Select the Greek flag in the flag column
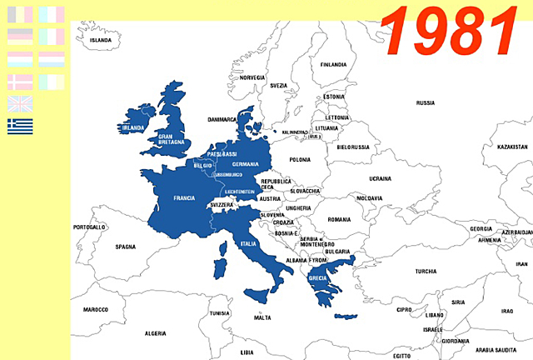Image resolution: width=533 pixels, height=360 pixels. click(20, 126)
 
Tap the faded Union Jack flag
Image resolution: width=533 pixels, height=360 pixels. click(20, 103)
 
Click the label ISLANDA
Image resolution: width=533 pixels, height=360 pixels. click(101, 40)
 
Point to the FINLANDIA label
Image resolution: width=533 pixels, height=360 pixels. click(333, 64)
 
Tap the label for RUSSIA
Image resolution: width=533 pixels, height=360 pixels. click(426, 103)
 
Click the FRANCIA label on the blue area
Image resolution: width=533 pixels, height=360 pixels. click(184, 198)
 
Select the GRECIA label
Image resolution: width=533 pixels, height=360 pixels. click(317, 278)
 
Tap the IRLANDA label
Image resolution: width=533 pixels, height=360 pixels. click(133, 128)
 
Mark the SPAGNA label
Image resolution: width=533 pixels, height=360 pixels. click(125, 247)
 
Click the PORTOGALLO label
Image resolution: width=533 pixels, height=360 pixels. click(90, 227)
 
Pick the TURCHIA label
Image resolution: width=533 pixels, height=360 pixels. click(426, 271)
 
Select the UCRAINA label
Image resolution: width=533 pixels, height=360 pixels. click(380, 178)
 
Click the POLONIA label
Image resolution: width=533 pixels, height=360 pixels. click(300, 159)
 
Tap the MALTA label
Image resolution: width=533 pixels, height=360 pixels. click(262, 317)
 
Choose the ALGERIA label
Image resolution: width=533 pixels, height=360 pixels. click(155, 333)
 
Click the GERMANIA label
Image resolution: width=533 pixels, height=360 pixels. click(246, 164)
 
